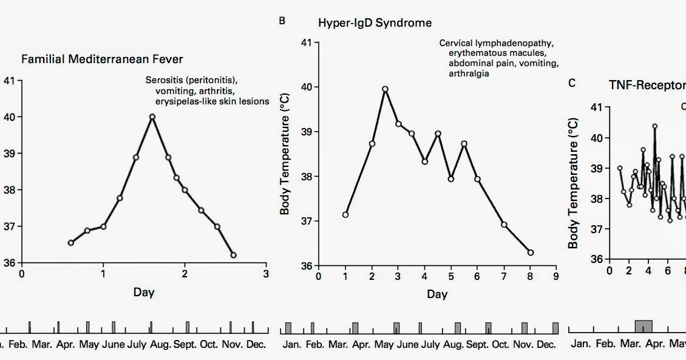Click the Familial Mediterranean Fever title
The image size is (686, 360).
coord(101,59)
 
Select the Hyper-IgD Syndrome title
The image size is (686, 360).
coord(375,23)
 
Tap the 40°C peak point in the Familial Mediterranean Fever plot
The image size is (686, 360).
coord(152,117)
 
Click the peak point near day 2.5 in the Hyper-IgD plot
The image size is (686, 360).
coord(385,89)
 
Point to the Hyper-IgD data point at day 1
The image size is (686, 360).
coord(345,214)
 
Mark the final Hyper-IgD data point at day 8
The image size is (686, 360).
coord(531,253)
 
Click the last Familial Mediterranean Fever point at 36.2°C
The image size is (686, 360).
coord(234,255)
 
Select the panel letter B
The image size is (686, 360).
coord(282,21)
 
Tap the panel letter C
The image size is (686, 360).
coord(572,83)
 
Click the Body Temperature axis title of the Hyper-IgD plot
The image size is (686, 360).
coord(285,155)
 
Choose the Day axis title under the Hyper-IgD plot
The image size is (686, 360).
coord(436,294)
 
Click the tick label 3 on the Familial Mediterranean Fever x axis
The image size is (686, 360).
coord(266,274)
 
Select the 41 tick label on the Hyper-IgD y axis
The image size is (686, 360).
coord(305,43)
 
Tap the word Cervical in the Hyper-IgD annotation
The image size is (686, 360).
coord(457,44)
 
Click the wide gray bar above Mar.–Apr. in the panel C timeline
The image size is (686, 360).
coord(644,327)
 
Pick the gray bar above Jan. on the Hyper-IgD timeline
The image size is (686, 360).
coord(288,328)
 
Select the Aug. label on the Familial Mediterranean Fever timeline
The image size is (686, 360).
coord(161,345)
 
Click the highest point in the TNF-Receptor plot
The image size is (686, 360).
coord(654,126)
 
